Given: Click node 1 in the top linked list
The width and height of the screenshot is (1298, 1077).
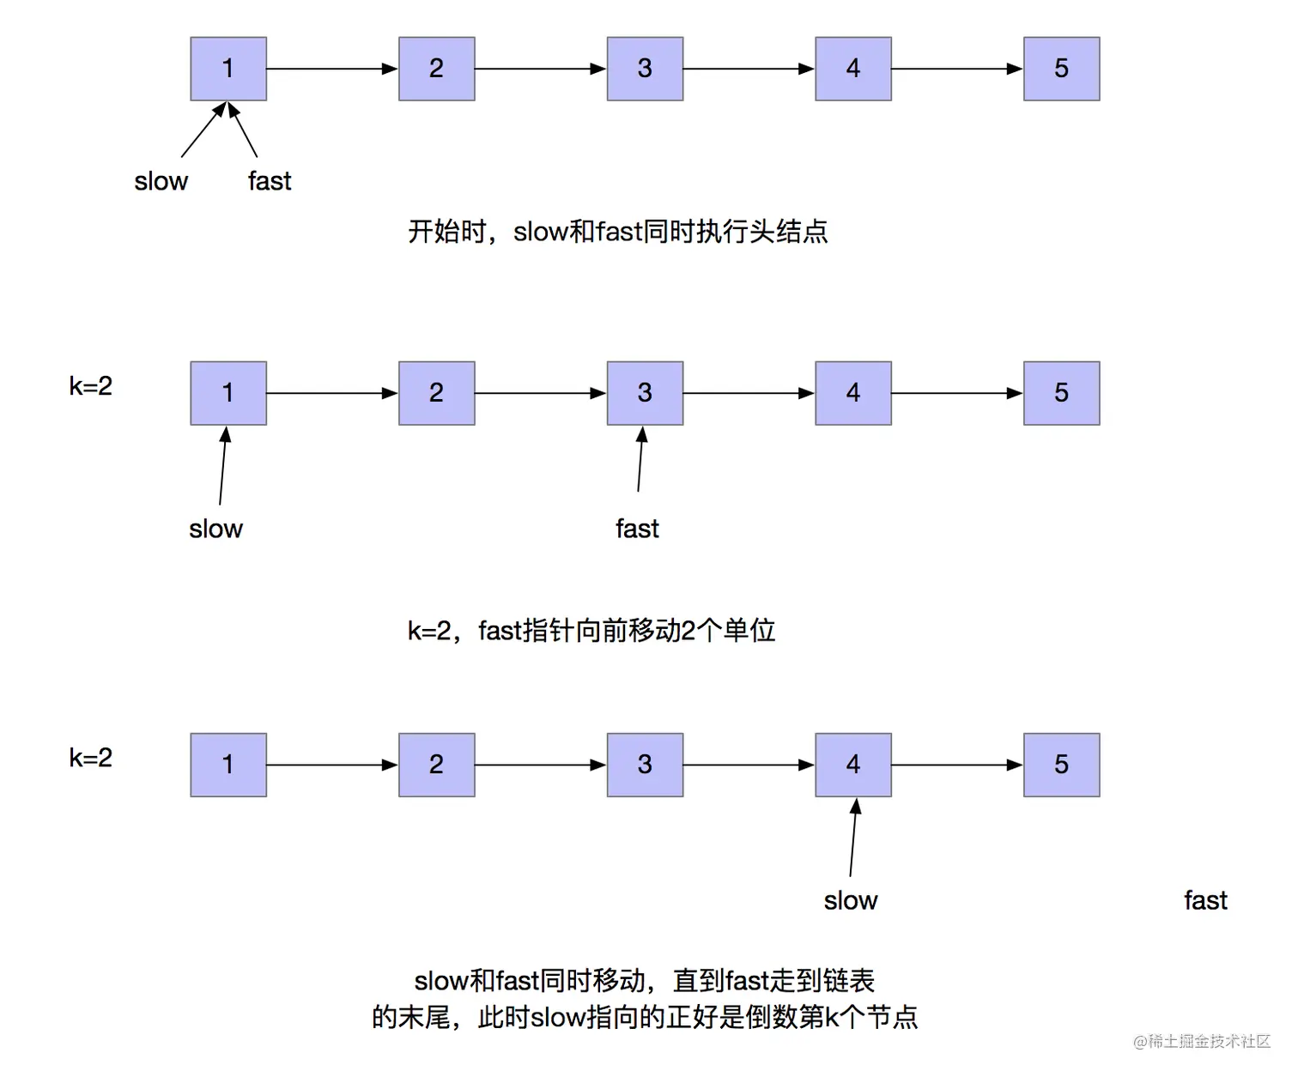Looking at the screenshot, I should [x=228, y=69].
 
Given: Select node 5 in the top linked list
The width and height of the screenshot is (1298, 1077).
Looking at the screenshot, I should [x=1061, y=69].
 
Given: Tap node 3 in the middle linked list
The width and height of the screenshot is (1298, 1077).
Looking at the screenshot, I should [x=645, y=393].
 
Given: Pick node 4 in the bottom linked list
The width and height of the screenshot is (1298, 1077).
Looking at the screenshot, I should [x=853, y=765].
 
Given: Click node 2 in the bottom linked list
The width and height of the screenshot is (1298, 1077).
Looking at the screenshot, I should [x=436, y=765].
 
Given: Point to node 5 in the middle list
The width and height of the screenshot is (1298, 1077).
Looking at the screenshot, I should [x=1061, y=393].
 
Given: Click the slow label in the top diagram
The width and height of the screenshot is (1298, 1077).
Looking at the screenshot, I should [x=161, y=181].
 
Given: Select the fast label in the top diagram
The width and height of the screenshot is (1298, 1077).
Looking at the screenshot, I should [x=270, y=181].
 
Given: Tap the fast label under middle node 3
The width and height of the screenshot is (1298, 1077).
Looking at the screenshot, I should [x=637, y=529].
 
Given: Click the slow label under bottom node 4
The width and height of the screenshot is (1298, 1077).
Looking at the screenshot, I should [x=851, y=900].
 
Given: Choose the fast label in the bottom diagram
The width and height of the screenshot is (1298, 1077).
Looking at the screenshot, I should [x=1205, y=900].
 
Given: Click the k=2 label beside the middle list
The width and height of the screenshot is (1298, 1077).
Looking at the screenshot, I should [x=91, y=386].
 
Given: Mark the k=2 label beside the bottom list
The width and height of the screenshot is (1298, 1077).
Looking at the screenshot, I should [x=91, y=758].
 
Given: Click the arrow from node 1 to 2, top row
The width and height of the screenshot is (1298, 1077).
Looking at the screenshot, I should [x=332, y=69].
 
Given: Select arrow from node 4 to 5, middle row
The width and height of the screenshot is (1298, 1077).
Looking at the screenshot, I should [x=957, y=393].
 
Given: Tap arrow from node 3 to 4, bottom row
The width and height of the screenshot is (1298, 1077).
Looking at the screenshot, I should [x=749, y=765].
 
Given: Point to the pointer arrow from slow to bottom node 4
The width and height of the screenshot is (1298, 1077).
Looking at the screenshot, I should [x=853, y=838].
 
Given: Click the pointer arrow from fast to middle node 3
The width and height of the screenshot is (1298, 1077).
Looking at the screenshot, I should [x=640, y=459].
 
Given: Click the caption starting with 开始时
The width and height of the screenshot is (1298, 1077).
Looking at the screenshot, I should [x=617, y=232].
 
